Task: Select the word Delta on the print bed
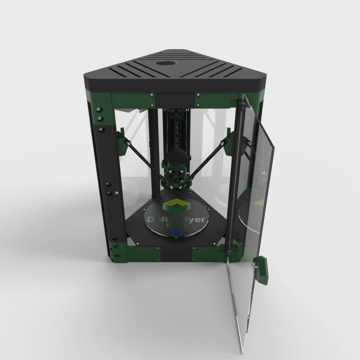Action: pos(158,219)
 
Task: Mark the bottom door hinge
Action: pos(228,248)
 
